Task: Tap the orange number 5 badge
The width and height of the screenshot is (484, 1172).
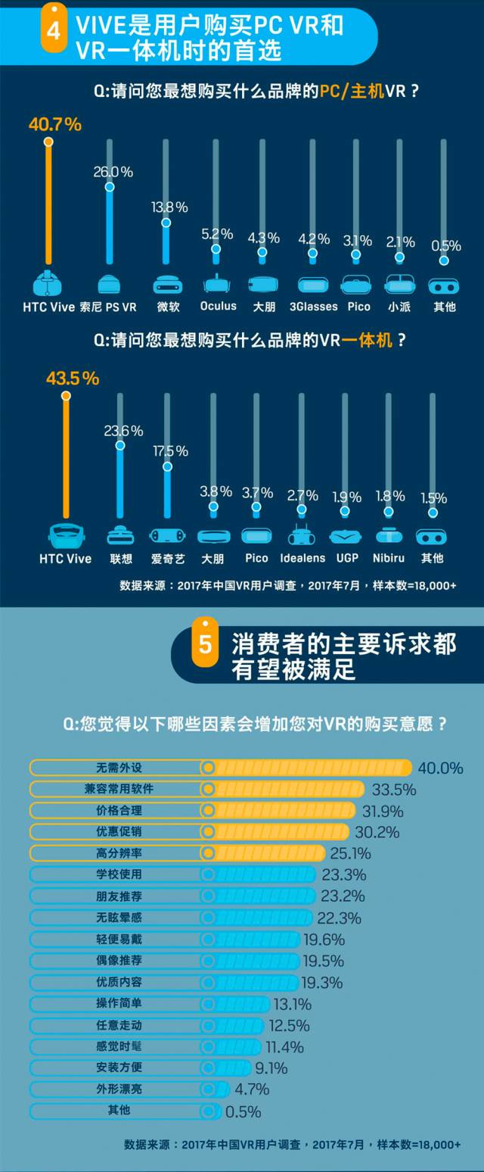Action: click(205, 643)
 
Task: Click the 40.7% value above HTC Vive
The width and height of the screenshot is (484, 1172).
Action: click(55, 125)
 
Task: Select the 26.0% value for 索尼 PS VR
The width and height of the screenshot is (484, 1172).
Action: click(113, 172)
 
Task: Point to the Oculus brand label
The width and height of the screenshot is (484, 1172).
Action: click(219, 306)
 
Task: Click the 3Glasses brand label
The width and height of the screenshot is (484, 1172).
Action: click(312, 307)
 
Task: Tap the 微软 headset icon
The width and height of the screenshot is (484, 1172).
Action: click(167, 284)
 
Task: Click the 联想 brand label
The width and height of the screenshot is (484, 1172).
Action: click(121, 558)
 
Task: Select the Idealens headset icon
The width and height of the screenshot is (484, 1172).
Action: click(302, 535)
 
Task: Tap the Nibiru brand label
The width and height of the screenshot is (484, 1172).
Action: click(389, 558)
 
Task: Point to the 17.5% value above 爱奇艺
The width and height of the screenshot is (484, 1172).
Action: click(170, 450)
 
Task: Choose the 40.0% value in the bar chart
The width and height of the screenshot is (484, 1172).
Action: click(440, 768)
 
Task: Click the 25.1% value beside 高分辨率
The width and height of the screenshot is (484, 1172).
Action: click(350, 853)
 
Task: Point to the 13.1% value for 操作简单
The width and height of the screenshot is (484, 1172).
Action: click(293, 1004)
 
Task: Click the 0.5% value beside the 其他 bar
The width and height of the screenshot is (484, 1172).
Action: click(243, 1111)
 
